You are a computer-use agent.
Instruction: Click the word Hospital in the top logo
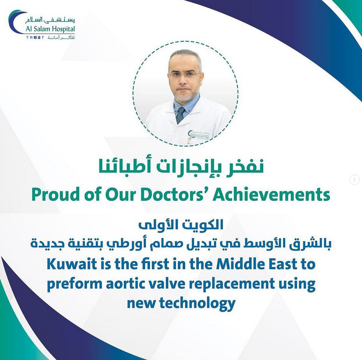tap(63, 29)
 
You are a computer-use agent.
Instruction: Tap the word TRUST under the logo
tap(35, 38)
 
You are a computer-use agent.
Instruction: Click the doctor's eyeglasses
tap(185, 74)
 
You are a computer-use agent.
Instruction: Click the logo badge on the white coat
tap(198, 135)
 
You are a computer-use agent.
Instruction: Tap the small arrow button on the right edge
tap(355, 179)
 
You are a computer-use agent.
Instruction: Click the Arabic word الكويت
tap(203, 225)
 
